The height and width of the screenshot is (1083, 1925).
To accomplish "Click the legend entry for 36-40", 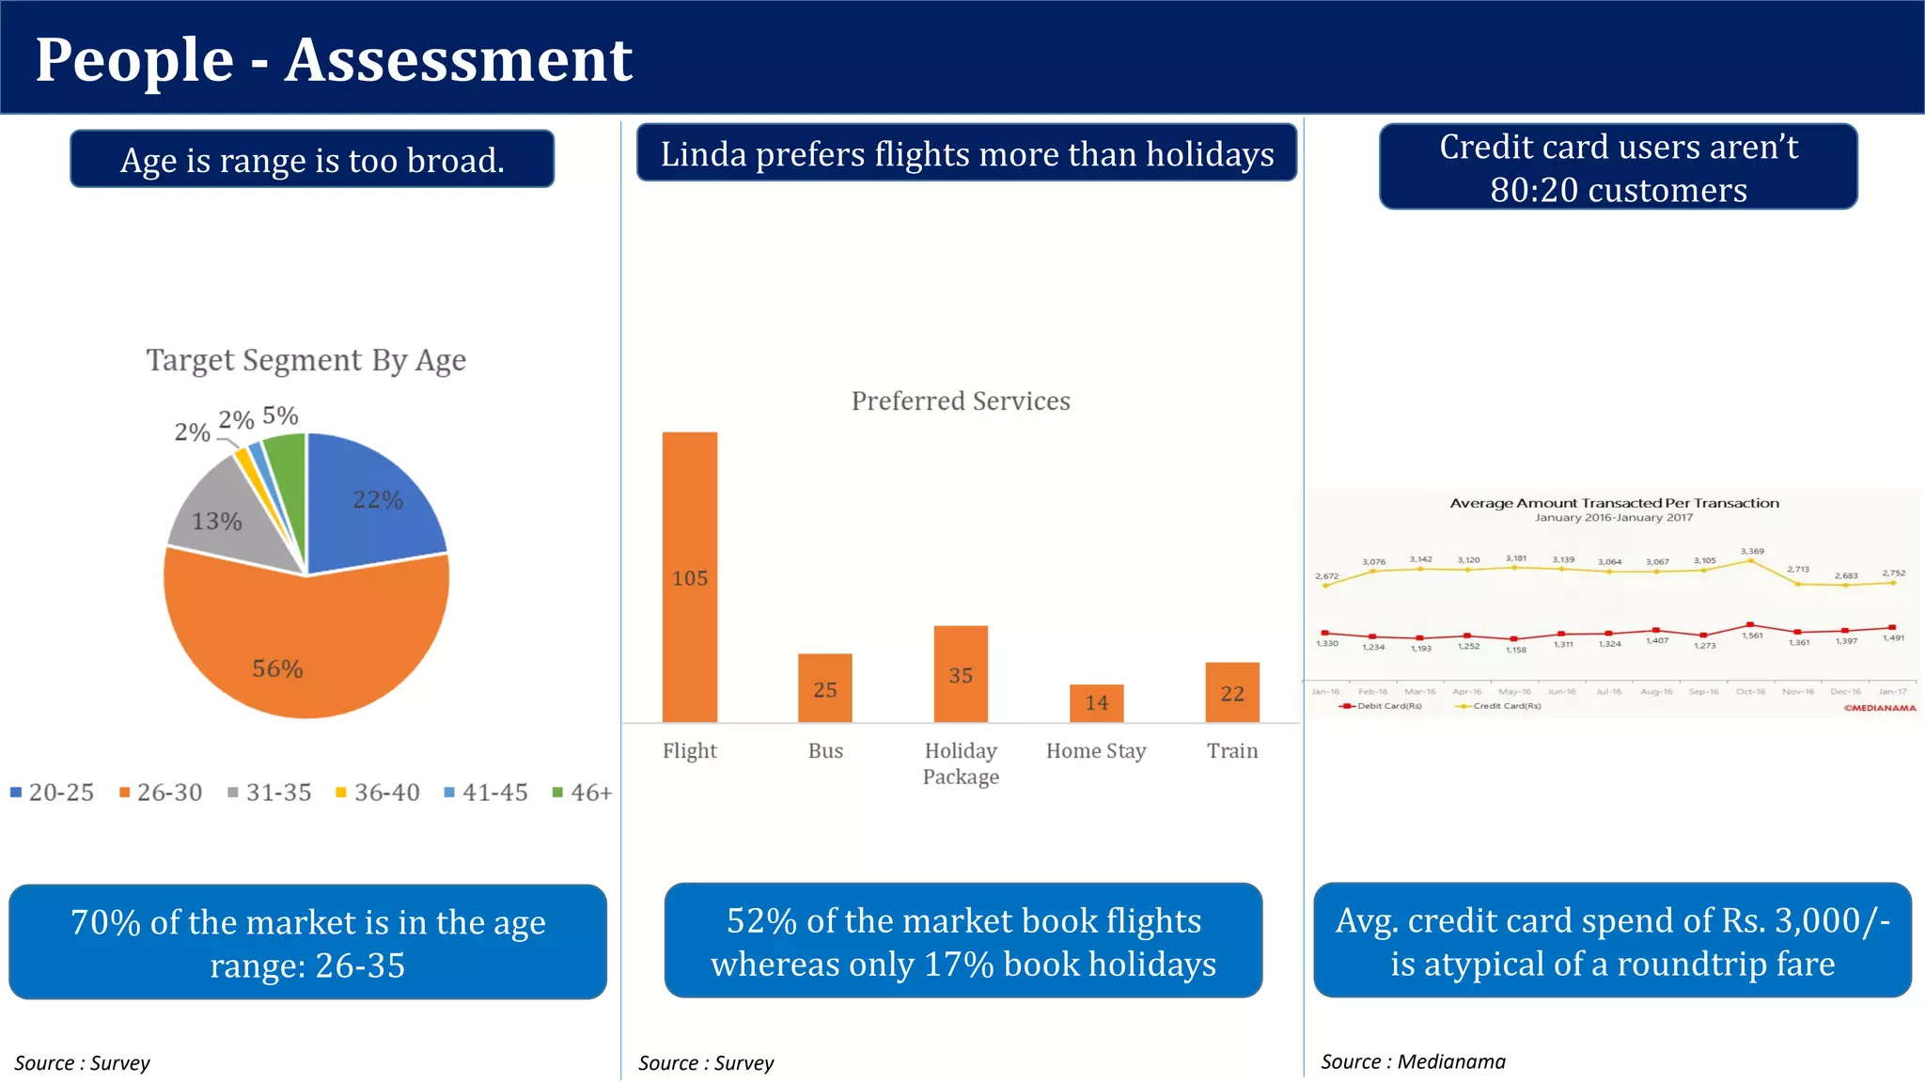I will pos(378,793).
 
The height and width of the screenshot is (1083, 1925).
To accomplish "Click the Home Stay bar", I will pos(1096,702).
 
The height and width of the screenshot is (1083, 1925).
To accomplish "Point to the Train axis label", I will pos(1231,750).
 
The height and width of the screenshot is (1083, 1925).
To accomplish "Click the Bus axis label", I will pos(825,750).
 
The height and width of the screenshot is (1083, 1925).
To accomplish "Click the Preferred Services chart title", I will pos(960,401).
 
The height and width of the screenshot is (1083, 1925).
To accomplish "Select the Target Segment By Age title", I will pos(305,360).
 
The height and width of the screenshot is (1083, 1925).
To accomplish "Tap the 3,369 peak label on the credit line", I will pos(1751,551).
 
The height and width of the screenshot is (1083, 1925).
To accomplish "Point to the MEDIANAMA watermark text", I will pos(1879,708).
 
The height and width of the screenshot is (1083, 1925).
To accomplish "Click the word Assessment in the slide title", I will pos(458,60).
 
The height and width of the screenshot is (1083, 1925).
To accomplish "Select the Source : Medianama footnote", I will pos(1412,1061).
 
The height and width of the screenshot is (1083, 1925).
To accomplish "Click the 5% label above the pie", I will pos(280,416).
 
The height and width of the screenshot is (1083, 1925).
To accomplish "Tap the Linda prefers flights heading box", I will pos(966,153).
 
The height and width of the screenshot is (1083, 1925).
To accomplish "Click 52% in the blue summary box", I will pos(761,920).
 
